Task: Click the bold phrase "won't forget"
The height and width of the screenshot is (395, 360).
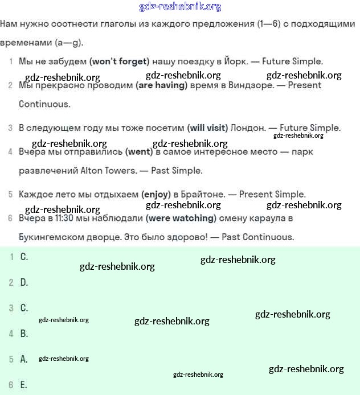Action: [x=119, y=61]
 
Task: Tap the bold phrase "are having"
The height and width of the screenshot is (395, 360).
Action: [x=161, y=85]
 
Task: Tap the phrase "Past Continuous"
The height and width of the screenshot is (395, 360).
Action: [x=257, y=237]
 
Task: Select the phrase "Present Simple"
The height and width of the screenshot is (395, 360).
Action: [x=272, y=195]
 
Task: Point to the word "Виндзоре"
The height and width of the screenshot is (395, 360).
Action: [x=250, y=85]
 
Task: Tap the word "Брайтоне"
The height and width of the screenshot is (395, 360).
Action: [x=205, y=195]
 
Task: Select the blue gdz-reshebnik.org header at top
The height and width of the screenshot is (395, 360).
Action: [x=180, y=7]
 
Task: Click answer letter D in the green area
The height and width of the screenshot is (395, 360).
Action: [x=24, y=282]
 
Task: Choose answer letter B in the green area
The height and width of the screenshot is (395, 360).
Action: [x=24, y=334]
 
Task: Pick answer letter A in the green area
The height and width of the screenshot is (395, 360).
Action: [x=24, y=359]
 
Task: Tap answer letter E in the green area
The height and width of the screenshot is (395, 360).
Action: [x=24, y=385]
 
